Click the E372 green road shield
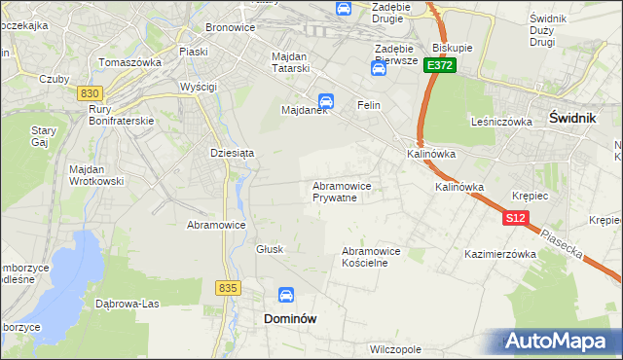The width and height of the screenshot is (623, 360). (x=439, y=66)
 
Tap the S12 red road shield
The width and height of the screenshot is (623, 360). (x=516, y=219)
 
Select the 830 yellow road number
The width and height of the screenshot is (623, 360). (x=92, y=92)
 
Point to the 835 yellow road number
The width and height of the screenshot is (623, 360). (x=229, y=288)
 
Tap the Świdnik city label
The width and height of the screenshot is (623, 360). (x=573, y=115)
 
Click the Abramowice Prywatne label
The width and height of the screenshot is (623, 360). (x=341, y=191)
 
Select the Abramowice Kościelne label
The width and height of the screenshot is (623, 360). (x=371, y=257)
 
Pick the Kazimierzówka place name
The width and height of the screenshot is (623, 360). (x=501, y=254)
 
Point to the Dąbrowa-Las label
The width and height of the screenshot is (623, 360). (x=127, y=303)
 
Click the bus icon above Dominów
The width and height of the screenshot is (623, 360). (x=286, y=295)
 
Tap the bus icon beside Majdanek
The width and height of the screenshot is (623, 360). (x=326, y=100)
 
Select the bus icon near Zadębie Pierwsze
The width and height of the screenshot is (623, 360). (x=378, y=68)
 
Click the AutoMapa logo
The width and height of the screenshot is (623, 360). (x=557, y=341)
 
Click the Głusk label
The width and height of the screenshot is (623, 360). (x=270, y=249)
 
